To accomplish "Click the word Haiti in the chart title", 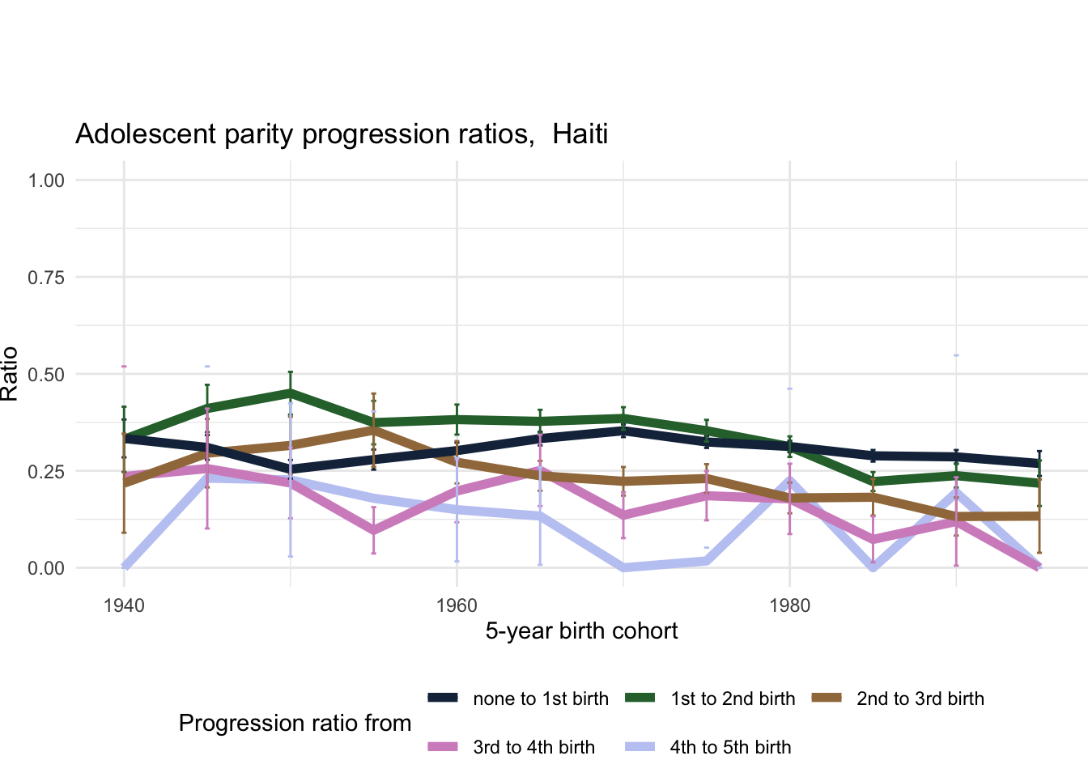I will (x=580, y=134).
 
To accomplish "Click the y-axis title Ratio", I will (x=10, y=374).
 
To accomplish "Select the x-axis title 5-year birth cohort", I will (x=581, y=631).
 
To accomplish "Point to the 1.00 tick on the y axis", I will (x=46, y=180).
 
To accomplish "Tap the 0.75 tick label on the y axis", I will (x=46, y=277).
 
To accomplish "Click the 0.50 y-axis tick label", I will (x=46, y=374).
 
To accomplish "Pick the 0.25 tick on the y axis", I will (x=46, y=471).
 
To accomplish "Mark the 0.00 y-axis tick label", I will (x=46, y=568).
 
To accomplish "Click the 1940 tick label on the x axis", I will (x=124, y=606).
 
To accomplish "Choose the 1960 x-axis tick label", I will (x=457, y=606).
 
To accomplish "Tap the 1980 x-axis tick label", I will (x=789, y=606).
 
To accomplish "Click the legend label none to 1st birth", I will (x=541, y=698).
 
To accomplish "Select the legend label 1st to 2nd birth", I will (x=733, y=698).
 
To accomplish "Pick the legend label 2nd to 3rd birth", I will (x=920, y=698).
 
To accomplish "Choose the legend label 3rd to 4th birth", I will (x=533, y=747).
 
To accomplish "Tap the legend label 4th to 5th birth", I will (x=730, y=747).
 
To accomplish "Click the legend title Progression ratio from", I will (x=295, y=723).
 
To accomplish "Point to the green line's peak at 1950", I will (x=291, y=393).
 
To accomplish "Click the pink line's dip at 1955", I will (x=373, y=531).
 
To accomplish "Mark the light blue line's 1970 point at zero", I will (x=623, y=567).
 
